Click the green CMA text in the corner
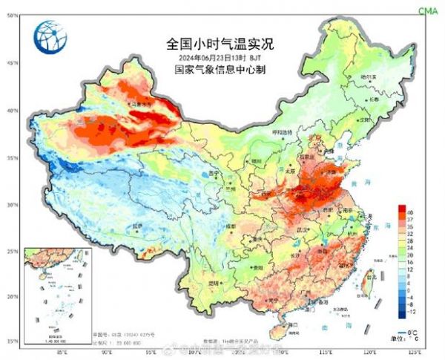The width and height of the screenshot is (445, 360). click(428, 10)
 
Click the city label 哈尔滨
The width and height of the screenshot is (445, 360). click(368, 76)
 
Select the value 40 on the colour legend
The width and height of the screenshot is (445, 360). click(409, 213)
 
